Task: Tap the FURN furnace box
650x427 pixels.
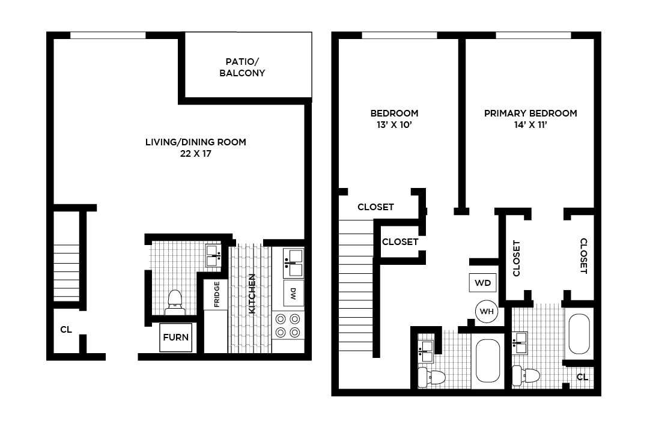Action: click(176, 337)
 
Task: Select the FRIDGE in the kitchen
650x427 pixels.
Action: click(216, 294)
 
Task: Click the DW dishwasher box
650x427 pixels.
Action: click(294, 294)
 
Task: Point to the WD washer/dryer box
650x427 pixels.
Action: click(483, 282)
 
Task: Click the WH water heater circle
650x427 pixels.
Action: click(487, 312)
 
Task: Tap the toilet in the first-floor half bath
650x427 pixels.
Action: click(174, 300)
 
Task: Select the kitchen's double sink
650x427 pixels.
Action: click(294, 256)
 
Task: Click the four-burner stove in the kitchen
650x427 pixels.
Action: click(288, 326)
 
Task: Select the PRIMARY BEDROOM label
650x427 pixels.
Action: click(530, 113)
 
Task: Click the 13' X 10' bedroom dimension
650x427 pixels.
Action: click(394, 126)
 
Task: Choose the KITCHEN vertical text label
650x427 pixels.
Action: click(252, 294)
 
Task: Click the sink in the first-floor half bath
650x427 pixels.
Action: click(213, 256)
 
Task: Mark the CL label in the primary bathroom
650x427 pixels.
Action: click(582, 377)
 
